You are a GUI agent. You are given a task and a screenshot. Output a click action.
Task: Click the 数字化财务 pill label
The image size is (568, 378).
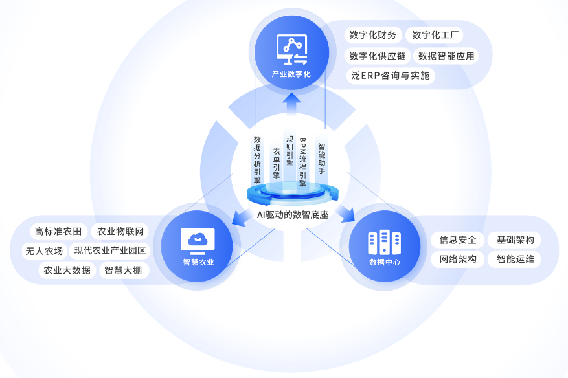tap(372, 35)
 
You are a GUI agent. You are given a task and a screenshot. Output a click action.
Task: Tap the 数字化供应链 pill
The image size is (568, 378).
tap(378, 56)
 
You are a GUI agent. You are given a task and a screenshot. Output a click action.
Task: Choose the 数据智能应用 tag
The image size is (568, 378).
tap(446, 56)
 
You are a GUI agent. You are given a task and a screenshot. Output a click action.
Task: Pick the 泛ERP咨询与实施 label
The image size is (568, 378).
tap(391, 76)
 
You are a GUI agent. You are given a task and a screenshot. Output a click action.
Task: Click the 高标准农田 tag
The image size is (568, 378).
tap(58, 232)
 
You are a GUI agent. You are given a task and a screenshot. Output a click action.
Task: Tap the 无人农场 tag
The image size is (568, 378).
tap(44, 250)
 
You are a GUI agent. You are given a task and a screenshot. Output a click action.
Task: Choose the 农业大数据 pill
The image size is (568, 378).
tap(67, 270)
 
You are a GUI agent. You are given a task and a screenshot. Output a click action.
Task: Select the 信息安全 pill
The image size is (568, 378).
tap(457, 240)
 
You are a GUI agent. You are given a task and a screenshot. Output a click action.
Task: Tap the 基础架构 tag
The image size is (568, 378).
tap(516, 240)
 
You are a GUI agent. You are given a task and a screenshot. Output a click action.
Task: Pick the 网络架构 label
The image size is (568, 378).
tap(457, 260)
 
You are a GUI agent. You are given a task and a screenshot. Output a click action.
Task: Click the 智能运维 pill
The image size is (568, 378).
tap(516, 260)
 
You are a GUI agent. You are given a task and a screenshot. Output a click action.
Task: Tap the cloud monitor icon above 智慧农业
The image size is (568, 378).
tap(198, 240)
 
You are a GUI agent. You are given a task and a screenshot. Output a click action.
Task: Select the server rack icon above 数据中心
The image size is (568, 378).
tap(384, 242)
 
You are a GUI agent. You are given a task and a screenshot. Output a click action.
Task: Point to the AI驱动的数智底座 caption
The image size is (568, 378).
tap(293, 215)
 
